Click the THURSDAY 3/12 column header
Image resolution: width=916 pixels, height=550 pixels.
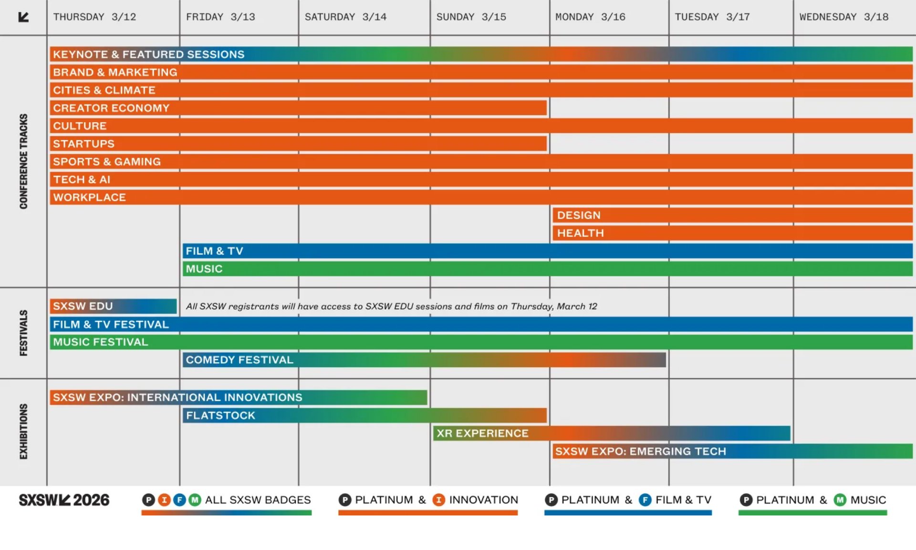pos(94,17)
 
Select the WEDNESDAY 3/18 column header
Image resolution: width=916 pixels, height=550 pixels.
pos(843,17)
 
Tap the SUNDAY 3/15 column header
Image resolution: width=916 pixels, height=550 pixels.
pos(471,17)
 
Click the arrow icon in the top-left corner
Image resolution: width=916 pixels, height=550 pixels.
pos(23,17)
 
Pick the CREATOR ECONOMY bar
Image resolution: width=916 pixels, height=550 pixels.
pos(298,108)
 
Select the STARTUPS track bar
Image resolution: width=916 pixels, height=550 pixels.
pos(298,144)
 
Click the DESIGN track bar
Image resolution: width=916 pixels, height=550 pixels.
pos(732,215)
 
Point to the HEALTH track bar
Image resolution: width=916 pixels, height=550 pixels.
pos(732,233)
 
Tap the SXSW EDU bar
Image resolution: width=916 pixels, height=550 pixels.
pos(113,306)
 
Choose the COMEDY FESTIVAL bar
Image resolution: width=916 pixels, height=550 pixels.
pos(424,360)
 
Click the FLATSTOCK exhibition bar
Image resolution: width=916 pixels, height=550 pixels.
pos(364,415)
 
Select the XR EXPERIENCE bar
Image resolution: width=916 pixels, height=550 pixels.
pos(612,434)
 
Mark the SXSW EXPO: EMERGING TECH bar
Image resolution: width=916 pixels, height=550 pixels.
pos(732,451)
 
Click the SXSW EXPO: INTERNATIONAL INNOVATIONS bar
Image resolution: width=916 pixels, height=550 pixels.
pos(238,397)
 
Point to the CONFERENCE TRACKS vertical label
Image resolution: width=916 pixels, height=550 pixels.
pos(23,161)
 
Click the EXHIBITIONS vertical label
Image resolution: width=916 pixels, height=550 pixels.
pos(23,432)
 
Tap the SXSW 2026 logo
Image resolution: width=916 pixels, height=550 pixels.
pos(64,500)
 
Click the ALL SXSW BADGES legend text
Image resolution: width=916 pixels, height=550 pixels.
pos(258,500)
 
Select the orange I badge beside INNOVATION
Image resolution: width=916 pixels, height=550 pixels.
pos(438,500)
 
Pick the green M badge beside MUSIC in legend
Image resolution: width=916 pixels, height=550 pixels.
pos(840,500)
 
